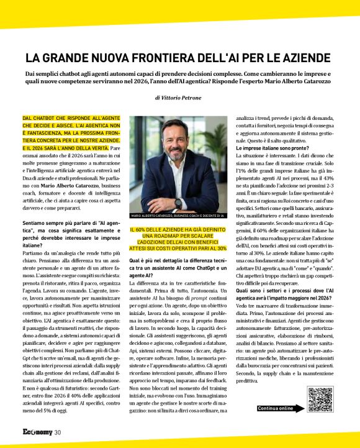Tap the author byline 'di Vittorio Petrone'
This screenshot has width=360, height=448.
179,98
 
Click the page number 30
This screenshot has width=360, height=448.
57,432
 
